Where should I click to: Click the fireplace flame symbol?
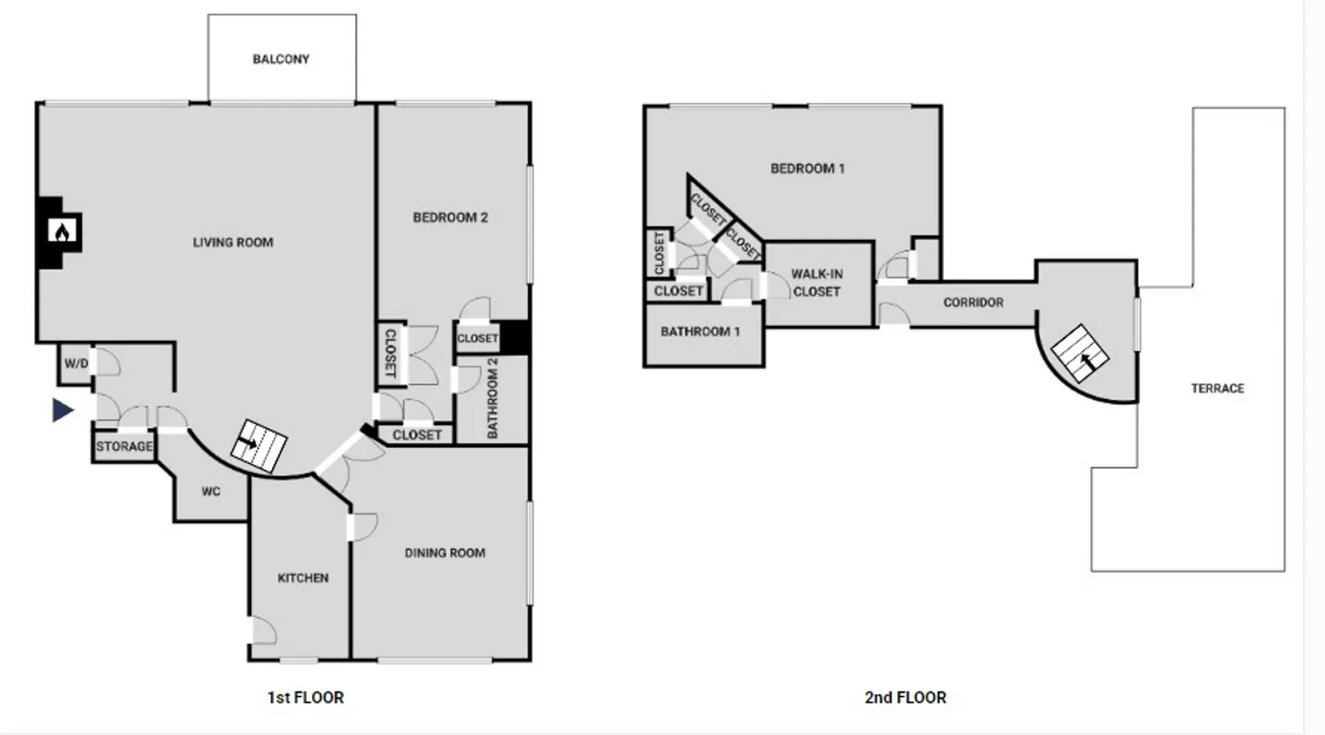click(x=63, y=231)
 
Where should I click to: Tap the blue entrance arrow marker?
click(x=63, y=410)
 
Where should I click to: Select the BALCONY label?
click(x=281, y=59)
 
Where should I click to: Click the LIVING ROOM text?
click(x=233, y=242)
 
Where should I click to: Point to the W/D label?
click(x=76, y=364)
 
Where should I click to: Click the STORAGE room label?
click(x=124, y=446)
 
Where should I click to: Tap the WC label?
click(x=211, y=492)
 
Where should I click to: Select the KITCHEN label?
click(x=302, y=578)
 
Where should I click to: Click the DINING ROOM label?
click(x=445, y=553)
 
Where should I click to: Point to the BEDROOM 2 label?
click(x=450, y=217)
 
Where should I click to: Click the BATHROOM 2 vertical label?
click(x=493, y=398)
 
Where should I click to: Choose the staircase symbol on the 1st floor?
click(x=259, y=446)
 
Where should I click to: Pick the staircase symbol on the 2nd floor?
click(x=1080, y=353)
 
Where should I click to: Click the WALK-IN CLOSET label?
click(x=817, y=282)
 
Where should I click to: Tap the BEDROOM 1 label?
click(x=807, y=168)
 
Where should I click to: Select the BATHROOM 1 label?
click(x=700, y=331)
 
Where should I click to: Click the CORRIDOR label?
click(x=973, y=303)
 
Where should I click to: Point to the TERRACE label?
click(x=1217, y=388)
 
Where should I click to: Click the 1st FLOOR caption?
click(x=305, y=698)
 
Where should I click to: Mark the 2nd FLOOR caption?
click(x=905, y=698)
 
